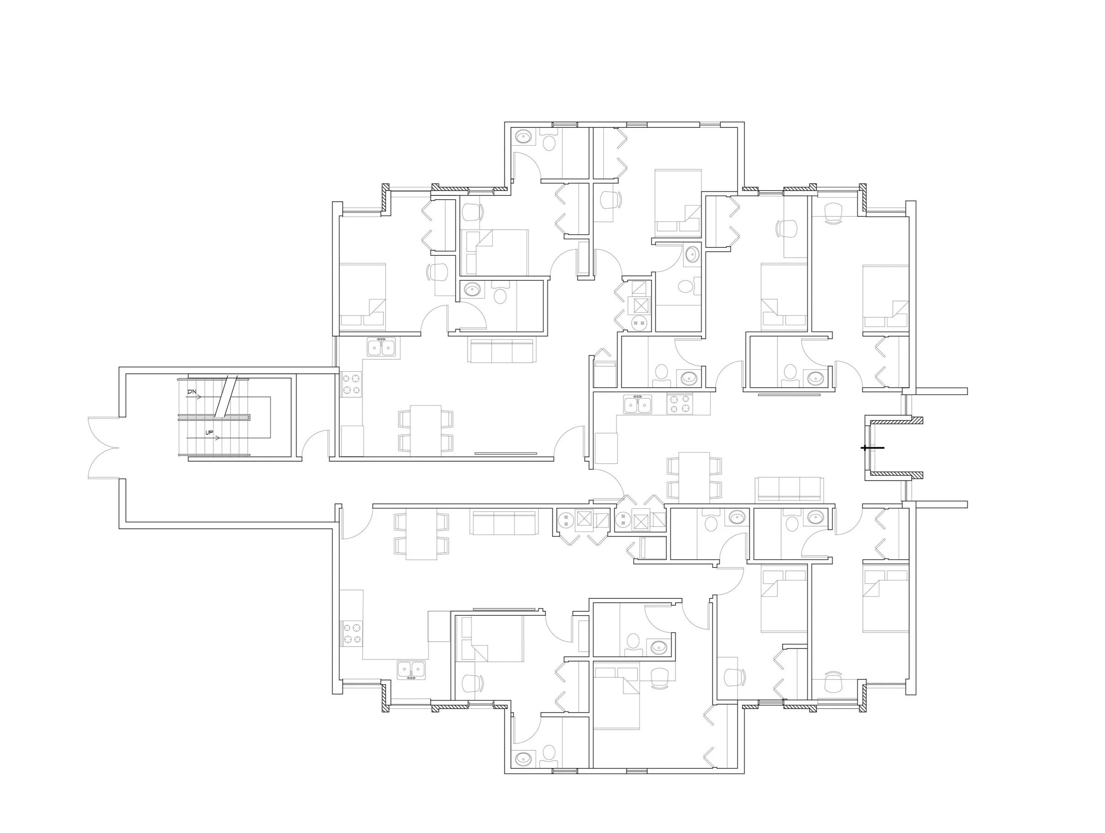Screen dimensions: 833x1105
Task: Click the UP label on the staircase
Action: (209, 433)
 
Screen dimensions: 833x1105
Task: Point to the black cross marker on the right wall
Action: (872, 448)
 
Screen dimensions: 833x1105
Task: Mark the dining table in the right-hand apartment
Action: (694, 477)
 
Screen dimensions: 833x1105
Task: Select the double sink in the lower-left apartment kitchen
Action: (412, 670)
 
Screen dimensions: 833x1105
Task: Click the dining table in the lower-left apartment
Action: (422, 534)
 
